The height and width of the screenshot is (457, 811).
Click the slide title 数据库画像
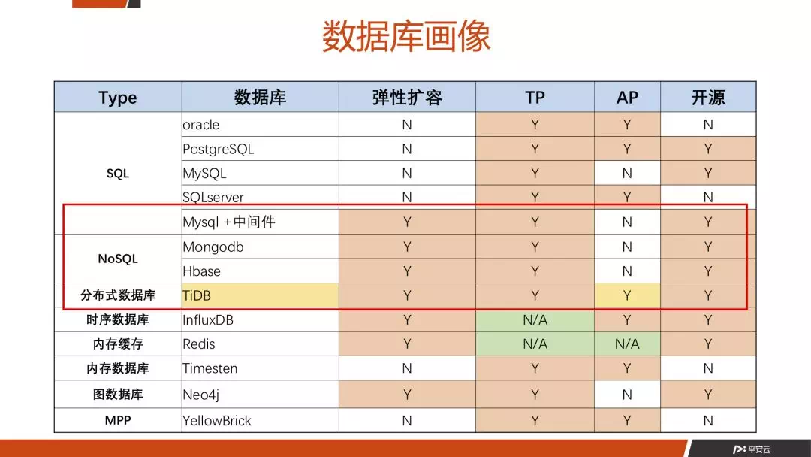click(406, 36)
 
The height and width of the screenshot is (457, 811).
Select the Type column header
click(118, 97)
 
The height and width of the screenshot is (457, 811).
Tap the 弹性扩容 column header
click(407, 97)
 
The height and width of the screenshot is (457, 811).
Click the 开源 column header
click(708, 97)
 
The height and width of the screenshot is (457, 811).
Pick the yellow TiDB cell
click(261, 295)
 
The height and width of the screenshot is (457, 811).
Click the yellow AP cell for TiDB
click(627, 295)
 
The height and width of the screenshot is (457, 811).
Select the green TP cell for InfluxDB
click(535, 320)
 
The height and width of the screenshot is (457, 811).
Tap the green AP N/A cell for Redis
click(627, 344)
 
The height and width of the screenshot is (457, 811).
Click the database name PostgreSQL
click(219, 149)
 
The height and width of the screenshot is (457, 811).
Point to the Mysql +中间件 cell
click(261, 222)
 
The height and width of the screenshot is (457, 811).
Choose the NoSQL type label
click(118, 259)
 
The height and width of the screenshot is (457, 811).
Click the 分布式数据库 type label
click(118, 295)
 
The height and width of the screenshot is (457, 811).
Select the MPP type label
click(118, 420)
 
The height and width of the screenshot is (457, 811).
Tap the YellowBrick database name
click(217, 421)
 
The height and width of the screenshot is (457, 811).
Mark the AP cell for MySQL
click(627, 174)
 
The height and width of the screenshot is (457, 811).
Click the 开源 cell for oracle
click(708, 125)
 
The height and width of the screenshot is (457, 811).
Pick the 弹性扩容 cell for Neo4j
click(407, 395)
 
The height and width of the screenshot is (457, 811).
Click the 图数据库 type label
click(118, 395)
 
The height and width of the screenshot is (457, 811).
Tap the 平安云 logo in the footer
click(751, 449)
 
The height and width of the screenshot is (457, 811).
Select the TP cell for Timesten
click(535, 368)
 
